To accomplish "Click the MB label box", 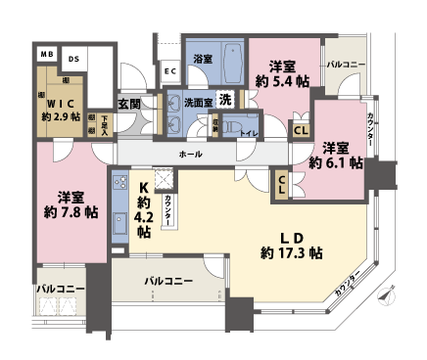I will (46, 55).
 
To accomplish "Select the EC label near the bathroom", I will (168, 70).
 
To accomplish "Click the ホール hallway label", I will (191, 155).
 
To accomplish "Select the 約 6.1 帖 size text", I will (335, 164).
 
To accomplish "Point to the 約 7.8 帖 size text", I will (69, 210).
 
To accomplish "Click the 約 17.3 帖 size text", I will (291, 252).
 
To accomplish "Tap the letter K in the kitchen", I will (143, 189).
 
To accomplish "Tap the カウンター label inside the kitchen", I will (170, 211).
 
